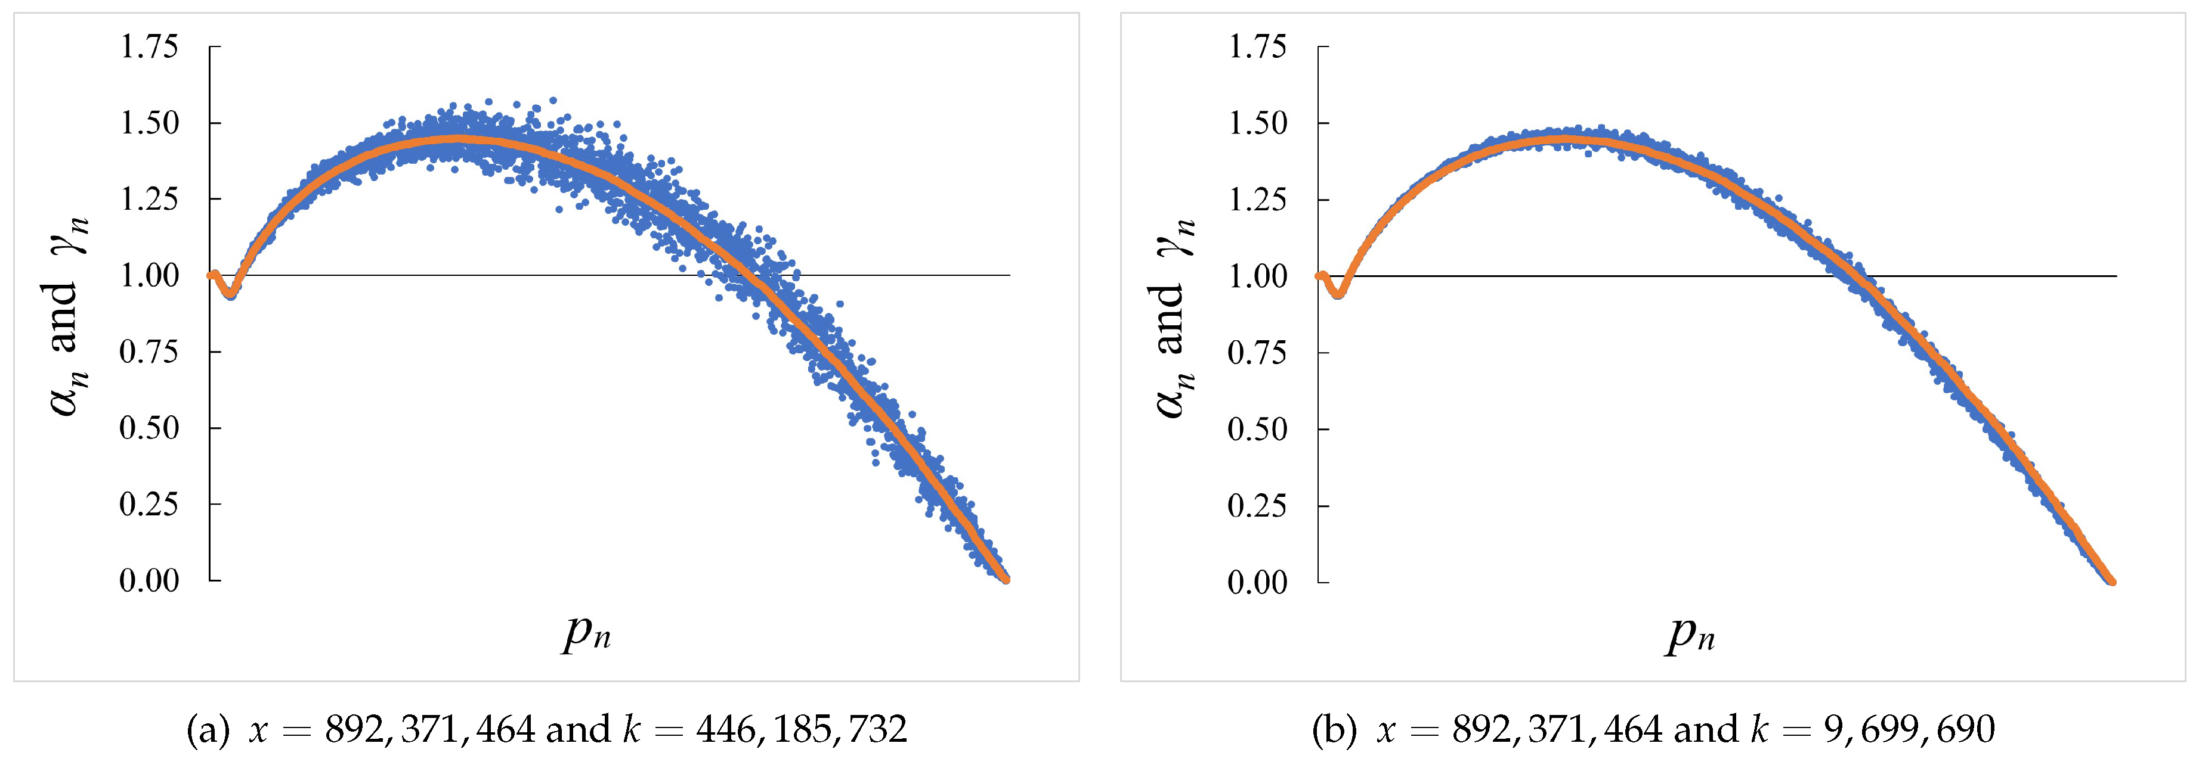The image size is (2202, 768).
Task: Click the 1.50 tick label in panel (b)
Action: (1257, 123)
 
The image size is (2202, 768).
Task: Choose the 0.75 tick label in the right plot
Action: (1257, 352)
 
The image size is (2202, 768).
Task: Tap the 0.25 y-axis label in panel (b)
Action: (1257, 505)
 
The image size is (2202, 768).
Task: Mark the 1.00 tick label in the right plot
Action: (1257, 276)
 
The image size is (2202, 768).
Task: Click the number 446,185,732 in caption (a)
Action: (801, 729)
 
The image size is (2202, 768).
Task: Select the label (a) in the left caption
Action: (208, 729)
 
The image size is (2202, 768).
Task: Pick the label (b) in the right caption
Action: (1334, 729)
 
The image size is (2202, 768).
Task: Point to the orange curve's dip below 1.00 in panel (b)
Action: (1338, 294)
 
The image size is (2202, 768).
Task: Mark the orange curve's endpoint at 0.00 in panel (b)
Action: (2111, 581)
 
